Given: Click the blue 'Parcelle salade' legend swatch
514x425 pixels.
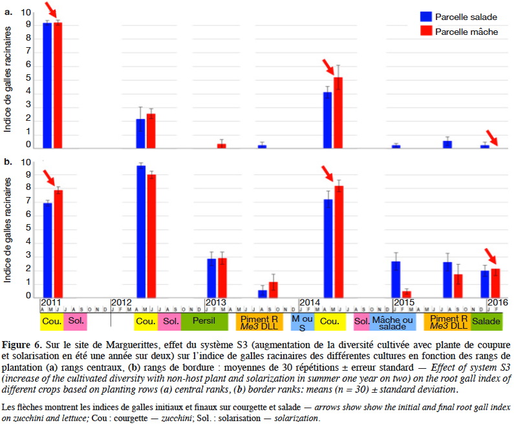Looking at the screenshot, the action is click(426, 17).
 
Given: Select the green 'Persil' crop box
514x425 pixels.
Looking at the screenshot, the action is click(204, 322).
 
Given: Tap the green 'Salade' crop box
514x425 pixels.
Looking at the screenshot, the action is click(486, 322).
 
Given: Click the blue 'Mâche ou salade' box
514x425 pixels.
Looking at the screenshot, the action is click(392, 322).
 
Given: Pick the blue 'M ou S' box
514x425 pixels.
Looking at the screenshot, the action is click(303, 322).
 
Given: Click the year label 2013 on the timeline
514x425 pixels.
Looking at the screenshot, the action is click(215, 302).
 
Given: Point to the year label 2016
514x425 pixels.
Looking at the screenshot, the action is click(498, 302).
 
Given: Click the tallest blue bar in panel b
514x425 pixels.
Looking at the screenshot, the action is click(141, 232).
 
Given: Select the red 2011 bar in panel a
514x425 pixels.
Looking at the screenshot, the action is click(58, 85).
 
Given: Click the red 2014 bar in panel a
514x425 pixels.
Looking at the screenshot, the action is click(338, 113).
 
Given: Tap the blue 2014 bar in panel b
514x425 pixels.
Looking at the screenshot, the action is click(328, 249).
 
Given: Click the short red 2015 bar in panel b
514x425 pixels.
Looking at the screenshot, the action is click(407, 295).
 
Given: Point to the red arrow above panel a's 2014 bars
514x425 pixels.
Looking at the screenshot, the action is click(329, 67).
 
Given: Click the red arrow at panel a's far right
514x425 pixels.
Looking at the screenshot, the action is click(492, 138).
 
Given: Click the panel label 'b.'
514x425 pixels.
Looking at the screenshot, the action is click(8, 161).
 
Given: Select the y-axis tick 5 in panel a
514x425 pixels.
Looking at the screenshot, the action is click(28, 78).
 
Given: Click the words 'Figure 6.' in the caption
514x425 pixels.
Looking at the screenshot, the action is click(22, 345).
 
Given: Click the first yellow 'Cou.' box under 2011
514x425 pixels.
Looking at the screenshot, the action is click(52, 322).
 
